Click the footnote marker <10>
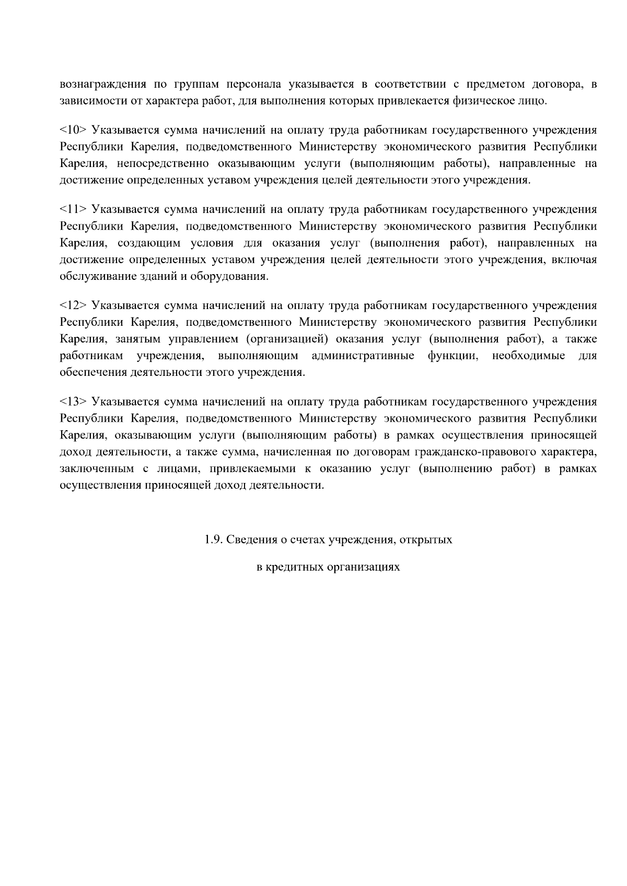(73, 131)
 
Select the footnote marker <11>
(73, 210)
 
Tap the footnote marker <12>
(73, 306)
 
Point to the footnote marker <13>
(73, 402)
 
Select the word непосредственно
(161, 164)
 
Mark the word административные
(363, 356)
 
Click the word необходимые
(528, 356)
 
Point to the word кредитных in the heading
(294, 567)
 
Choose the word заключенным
(94, 468)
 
